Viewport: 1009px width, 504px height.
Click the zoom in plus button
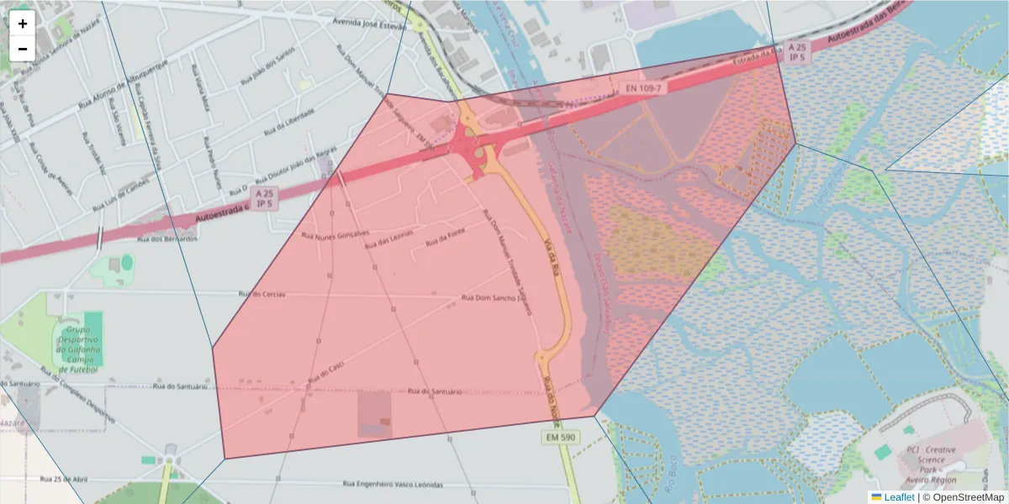pyautogui.click(x=23, y=24)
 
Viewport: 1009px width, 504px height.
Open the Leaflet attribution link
pyautogui.click(x=898, y=497)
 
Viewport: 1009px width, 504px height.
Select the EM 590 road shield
pyautogui.click(x=558, y=438)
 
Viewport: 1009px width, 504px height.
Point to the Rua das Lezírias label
pyautogui.click(x=388, y=242)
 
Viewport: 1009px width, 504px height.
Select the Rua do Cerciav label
pyautogui.click(x=263, y=295)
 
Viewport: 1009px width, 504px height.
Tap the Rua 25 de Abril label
pyautogui.click(x=63, y=479)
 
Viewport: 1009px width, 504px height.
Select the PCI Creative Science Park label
pyautogui.click(x=931, y=465)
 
